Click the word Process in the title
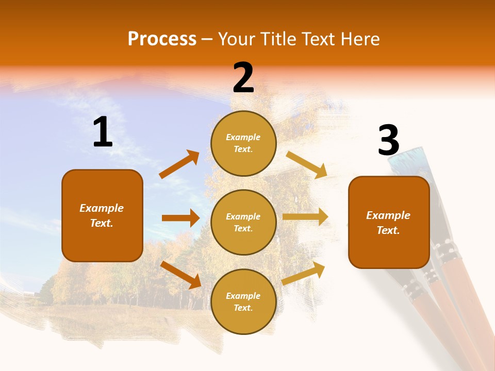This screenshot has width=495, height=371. [x=162, y=39]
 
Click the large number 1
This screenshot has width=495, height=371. [x=103, y=132]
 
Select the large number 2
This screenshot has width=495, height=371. [x=243, y=78]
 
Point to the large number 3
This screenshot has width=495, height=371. [x=388, y=140]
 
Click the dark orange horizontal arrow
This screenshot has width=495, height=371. [x=180, y=218]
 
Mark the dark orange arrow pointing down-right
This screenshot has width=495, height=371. [x=181, y=275]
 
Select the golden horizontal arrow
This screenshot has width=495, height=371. [x=305, y=217]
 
